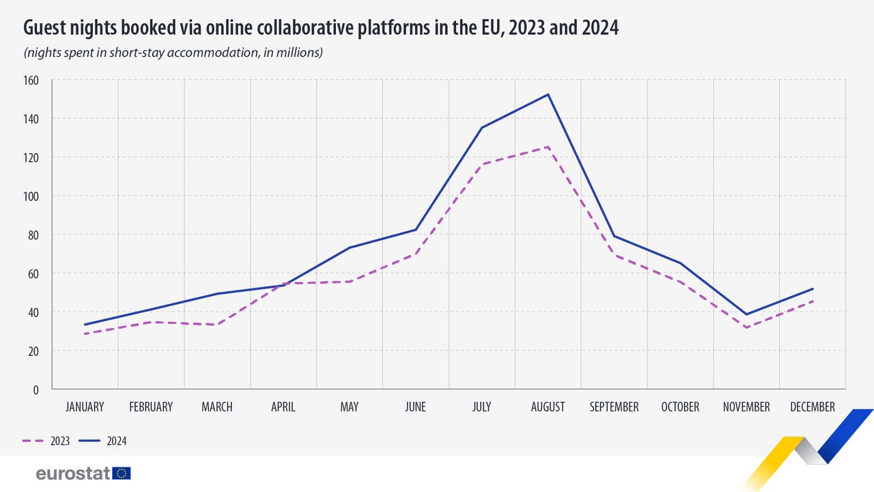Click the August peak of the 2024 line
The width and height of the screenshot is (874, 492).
coord(548,94)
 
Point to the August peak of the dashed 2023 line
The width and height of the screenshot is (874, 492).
coord(548,147)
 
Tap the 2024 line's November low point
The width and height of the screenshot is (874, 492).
coord(746,314)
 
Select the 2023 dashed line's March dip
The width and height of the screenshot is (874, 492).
coord(217,324)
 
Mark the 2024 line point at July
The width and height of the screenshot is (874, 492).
coord(481,128)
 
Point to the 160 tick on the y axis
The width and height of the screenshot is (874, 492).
coord(32,80)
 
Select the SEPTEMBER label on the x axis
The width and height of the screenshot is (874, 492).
coord(614,407)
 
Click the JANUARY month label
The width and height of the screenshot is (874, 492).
coord(85,407)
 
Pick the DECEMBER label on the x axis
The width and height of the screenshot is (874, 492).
coord(813,407)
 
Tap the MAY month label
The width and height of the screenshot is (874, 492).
coord(349,407)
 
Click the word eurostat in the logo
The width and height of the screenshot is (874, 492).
coord(73,474)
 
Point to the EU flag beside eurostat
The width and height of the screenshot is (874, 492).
coord(122,473)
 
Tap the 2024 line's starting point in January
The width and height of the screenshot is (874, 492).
coord(85,325)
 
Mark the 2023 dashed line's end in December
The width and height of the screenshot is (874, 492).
coord(813,301)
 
